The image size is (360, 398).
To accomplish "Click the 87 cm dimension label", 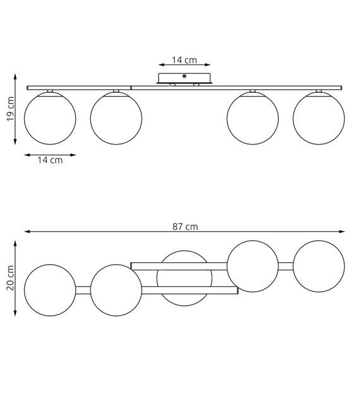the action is point(185,226).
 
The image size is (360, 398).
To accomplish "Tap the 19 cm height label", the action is point(11,109).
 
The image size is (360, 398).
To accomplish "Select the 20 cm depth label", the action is point(10,278).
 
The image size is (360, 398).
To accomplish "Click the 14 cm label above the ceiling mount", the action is point(184,60).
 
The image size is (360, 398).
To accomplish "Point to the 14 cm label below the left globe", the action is point(50,160).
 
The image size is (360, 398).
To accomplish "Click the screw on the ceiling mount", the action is point(184,76).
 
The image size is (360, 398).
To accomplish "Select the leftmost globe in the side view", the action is point(50,118).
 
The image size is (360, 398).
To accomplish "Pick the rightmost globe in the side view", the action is point(319,118).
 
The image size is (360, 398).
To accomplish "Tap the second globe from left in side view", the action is point(116,118).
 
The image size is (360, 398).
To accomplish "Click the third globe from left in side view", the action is point(253,118).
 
